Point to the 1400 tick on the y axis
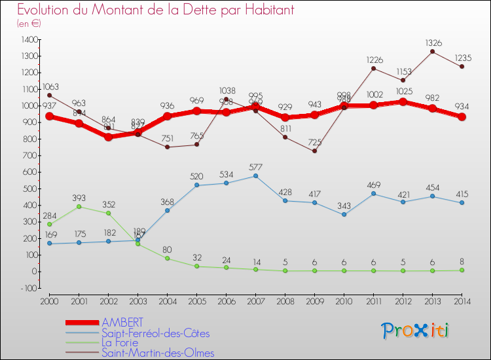click(29, 39)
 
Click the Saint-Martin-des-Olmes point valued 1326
click(433, 51)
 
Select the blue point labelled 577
click(255, 175)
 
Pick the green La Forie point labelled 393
click(79, 206)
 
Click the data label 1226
click(374, 60)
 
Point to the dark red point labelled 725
click(315, 151)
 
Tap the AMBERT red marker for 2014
click(462, 117)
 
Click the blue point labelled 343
click(344, 214)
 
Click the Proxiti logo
click(416, 331)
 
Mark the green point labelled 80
click(167, 259)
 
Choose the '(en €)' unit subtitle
click(28, 24)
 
